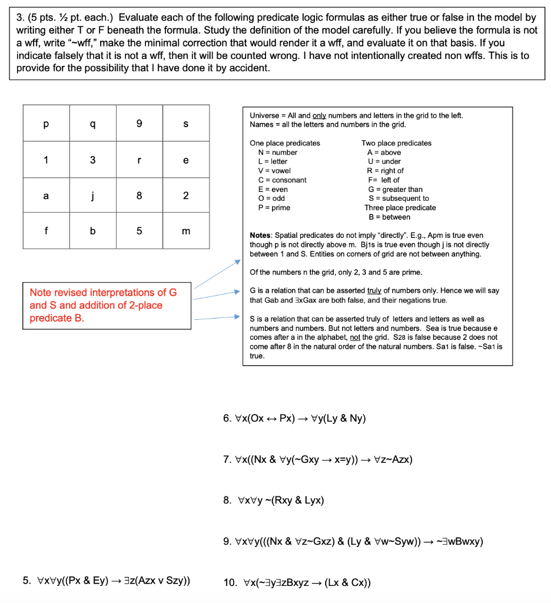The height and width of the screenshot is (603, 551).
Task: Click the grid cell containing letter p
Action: tap(46, 124)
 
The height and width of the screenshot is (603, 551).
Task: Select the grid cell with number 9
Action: tap(139, 124)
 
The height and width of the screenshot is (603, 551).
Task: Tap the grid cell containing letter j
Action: tap(92, 196)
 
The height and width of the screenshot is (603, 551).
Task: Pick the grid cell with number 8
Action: tap(139, 196)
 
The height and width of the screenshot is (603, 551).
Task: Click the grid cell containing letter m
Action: tap(186, 231)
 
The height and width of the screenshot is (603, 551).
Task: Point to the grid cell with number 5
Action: tap(139, 231)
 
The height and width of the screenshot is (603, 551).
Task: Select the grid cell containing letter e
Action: tap(186, 160)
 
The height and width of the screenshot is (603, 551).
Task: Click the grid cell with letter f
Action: tap(46, 231)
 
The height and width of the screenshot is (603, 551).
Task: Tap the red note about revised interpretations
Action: tap(103, 305)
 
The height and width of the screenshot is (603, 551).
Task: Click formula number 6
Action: tap(294, 419)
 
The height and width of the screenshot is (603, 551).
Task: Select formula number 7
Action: tap(318, 459)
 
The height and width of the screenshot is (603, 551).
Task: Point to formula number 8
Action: tap(274, 501)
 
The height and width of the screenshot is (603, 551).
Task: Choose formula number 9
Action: tap(353, 541)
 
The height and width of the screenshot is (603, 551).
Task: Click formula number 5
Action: tap(106, 581)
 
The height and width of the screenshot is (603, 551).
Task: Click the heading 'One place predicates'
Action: tap(285, 143)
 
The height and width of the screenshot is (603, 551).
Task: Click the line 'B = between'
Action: tap(389, 217)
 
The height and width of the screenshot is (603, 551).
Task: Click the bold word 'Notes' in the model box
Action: tap(260, 236)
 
